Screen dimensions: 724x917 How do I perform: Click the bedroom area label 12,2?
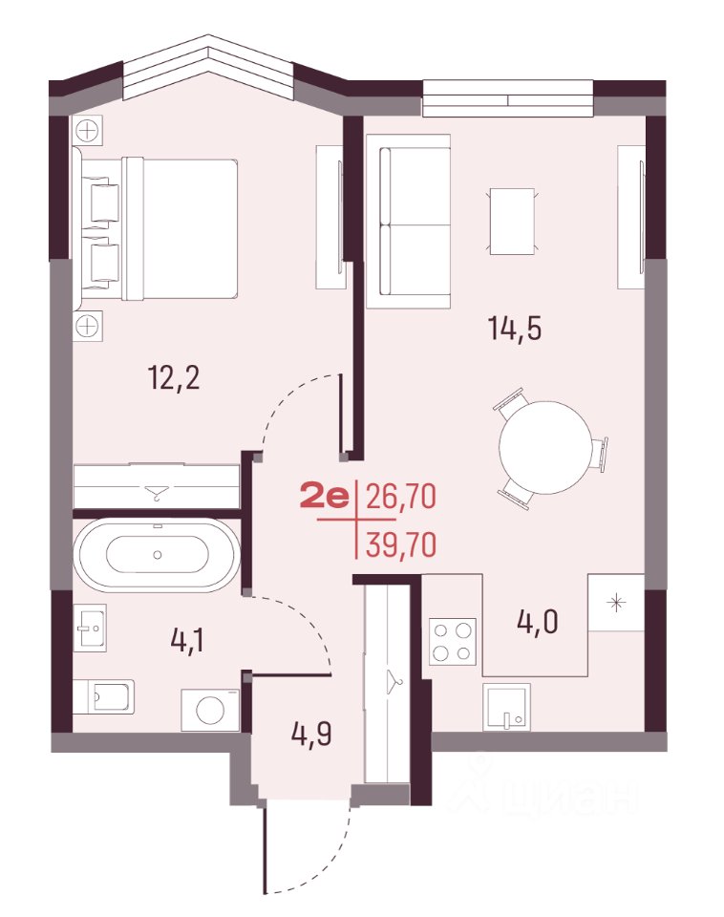(175, 378)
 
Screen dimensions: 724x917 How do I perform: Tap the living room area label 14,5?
(515, 328)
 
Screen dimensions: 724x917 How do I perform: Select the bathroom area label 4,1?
(187, 641)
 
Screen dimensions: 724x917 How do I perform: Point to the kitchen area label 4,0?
(538, 622)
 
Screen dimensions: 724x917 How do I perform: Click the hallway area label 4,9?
(312, 734)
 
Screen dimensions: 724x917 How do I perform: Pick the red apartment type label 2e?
(325, 498)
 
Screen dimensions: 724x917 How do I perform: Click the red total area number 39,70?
(401, 545)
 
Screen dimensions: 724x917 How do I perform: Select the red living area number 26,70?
(401, 498)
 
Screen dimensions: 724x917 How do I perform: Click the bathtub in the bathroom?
(157, 554)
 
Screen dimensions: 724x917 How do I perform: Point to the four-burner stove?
(453, 641)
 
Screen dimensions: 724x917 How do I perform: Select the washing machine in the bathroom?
(210, 710)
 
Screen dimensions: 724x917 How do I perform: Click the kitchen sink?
(507, 707)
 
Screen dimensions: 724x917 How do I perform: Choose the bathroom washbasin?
(93, 627)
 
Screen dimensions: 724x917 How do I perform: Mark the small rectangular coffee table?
(512, 222)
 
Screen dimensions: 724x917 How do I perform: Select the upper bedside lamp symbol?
(88, 130)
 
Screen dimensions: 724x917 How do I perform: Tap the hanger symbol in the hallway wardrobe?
(393, 681)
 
